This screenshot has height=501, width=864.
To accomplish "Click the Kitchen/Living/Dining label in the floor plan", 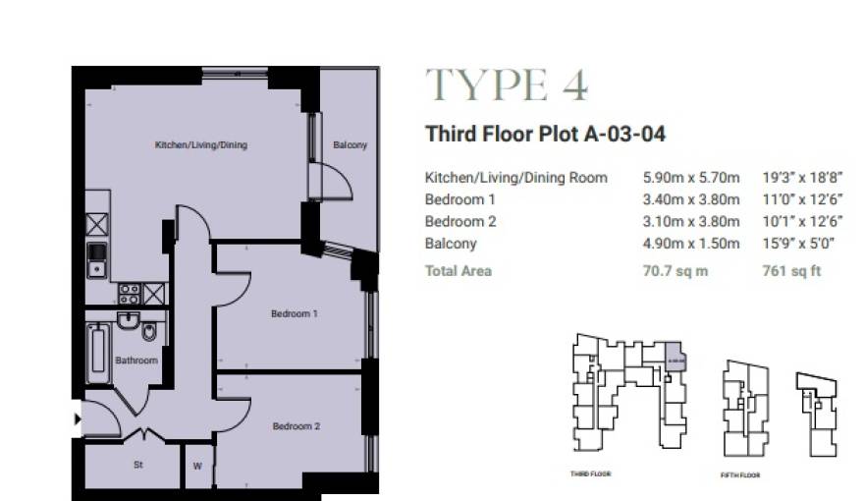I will [200, 145].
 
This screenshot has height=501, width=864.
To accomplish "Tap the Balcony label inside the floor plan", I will [350, 145].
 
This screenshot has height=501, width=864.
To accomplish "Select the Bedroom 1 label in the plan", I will [295, 314].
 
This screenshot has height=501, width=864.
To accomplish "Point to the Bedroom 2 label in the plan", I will [296, 426].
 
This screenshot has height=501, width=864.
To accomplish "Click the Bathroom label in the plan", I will [135, 361].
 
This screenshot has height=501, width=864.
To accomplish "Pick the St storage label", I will [138, 466].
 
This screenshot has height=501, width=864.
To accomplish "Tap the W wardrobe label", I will [197, 466].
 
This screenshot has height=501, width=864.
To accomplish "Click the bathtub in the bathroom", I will [97, 353].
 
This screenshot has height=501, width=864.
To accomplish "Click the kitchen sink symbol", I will [96, 258].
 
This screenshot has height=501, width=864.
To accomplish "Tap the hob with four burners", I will [129, 292].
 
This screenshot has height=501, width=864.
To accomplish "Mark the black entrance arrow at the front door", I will [78, 420].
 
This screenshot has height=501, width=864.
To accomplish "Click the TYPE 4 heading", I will [506, 86].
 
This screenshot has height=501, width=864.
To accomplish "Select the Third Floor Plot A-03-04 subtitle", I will [545, 135].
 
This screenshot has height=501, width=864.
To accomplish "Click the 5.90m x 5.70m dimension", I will [690, 178].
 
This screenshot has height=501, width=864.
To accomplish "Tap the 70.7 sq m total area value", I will [675, 270].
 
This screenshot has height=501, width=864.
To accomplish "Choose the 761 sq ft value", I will [791, 270].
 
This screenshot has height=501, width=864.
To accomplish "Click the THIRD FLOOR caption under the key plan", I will [591, 473].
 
